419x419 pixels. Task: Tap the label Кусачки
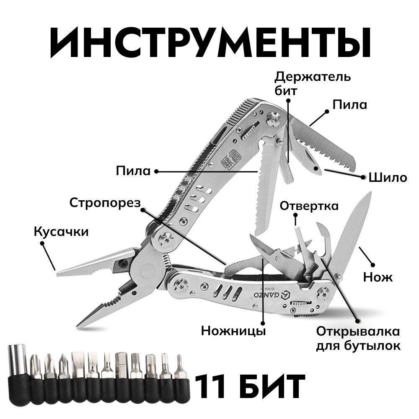[x=61, y=231]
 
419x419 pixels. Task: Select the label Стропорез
[x=105, y=203]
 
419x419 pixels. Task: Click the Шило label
[x=388, y=178]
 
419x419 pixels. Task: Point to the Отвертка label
[x=309, y=206]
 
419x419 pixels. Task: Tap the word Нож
[x=378, y=277]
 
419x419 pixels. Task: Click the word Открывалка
[x=358, y=331]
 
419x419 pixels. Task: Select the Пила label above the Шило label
[x=349, y=104]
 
